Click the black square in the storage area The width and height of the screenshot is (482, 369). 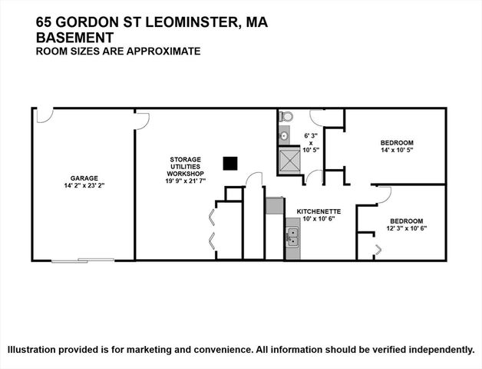229,163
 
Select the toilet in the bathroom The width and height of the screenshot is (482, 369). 287,117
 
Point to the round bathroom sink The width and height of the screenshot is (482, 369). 283,136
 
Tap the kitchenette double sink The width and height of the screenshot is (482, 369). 292,232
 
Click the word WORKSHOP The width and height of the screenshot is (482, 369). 187,175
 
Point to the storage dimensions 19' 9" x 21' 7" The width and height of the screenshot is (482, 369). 187,182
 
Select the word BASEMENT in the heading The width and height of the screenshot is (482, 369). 74,38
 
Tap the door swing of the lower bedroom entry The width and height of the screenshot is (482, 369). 383,193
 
